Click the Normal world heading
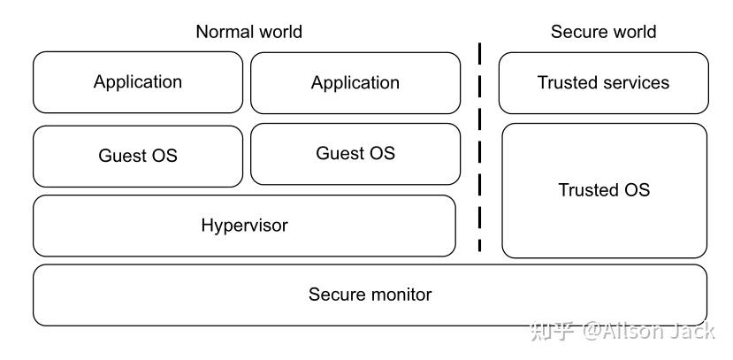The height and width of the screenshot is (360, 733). pyautogui.click(x=248, y=32)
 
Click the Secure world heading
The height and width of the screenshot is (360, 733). pyautogui.click(x=603, y=32)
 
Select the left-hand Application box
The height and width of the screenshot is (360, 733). pyautogui.click(x=138, y=82)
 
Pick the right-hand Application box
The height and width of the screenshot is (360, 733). pyautogui.click(x=355, y=83)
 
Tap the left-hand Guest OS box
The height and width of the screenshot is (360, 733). pyautogui.click(x=138, y=156)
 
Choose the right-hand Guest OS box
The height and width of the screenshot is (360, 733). pyautogui.click(x=355, y=154)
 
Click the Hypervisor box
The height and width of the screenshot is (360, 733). pyautogui.click(x=244, y=226)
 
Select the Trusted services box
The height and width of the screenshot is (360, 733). pyautogui.click(x=603, y=83)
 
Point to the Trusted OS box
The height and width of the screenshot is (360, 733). pyautogui.click(x=604, y=190)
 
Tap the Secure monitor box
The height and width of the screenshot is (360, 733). pyautogui.click(x=370, y=295)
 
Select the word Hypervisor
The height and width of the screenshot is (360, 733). pyautogui.click(x=244, y=226)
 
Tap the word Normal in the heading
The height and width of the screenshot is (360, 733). pyautogui.click(x=222, y=32)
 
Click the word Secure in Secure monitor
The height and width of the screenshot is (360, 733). pyautogui.click(x=337, y=295)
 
